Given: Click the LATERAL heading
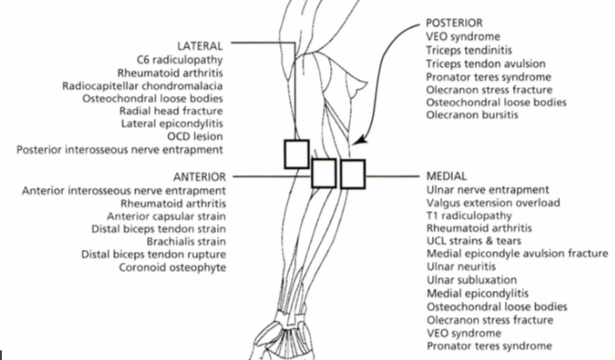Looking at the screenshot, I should [200, 44].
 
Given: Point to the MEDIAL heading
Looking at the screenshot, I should [446, 175].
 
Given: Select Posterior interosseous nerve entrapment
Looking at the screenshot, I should [120, 149].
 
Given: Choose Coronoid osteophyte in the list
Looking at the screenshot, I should [173, 267].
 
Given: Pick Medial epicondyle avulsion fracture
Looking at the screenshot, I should [517, 254].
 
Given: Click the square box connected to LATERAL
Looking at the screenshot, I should [296, 153].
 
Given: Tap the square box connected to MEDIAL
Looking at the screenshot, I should [352, 173].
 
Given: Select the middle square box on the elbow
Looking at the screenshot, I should [324, 172].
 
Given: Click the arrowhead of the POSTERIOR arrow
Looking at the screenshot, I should [361, 139].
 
